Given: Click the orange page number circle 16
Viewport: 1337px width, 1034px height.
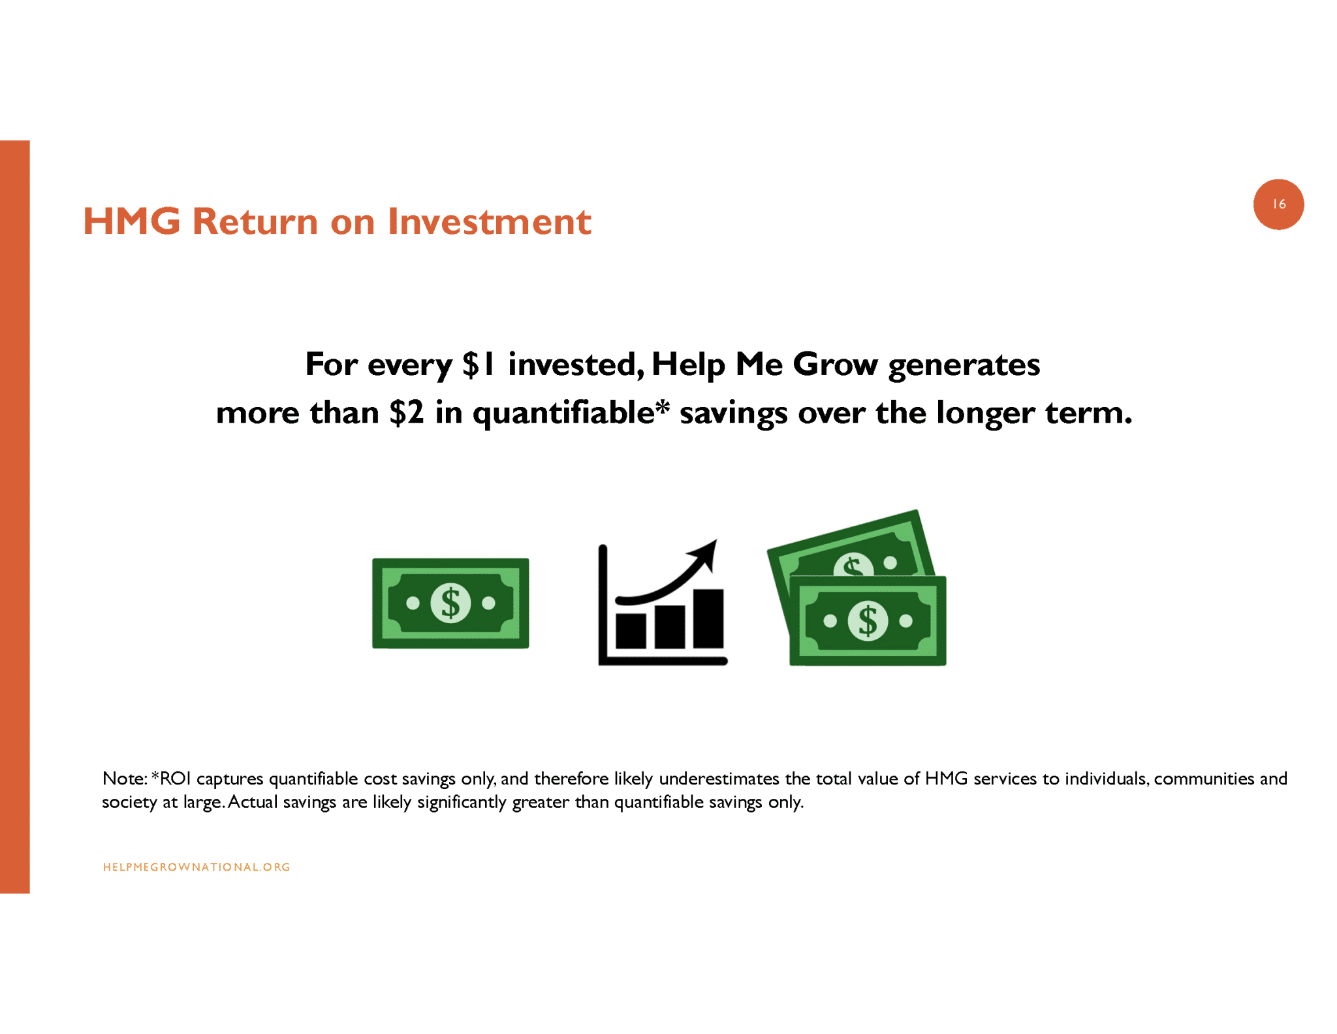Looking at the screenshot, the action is [x=1278, y=204].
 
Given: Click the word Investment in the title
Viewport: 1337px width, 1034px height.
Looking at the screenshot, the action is [x=490, y=221].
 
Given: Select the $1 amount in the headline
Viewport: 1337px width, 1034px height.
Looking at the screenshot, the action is [x=480, y=364].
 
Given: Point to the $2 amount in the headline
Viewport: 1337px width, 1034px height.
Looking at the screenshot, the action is [x=407, y=413].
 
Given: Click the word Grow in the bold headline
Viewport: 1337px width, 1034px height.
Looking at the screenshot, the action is [x=836, y=364].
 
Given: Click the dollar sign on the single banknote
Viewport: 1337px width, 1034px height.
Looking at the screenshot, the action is [x=450, y=603].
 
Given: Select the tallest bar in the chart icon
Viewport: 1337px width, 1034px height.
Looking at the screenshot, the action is [x=708, y=619].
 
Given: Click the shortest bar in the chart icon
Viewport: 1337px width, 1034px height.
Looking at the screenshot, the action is [x=631, y=630].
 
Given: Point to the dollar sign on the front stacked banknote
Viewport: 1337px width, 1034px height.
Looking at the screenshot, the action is [x=867, y=621].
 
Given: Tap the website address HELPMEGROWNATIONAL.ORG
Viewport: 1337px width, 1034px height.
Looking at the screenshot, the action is [x=197, y=867].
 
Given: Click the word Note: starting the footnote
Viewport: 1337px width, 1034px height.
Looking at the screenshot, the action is [x=125, y=779].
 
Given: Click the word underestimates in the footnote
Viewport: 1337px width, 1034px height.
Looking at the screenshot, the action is [x=719, y=779].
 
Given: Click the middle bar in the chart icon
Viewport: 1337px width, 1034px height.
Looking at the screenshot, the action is [x=669, y=626].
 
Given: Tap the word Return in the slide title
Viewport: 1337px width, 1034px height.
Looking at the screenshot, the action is [x=255, y=221].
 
